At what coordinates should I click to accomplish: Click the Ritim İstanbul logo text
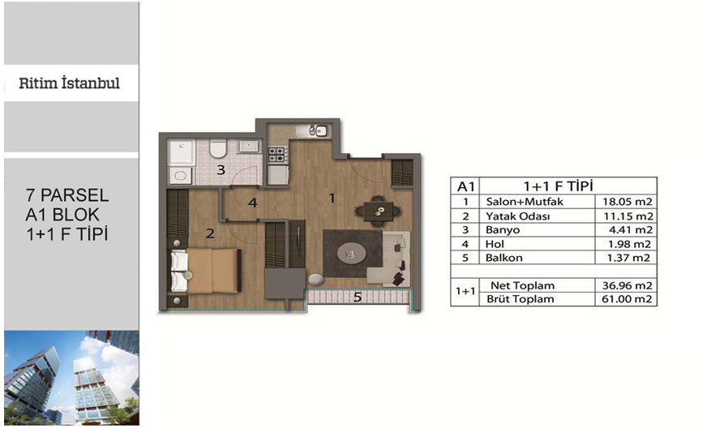point(70,83)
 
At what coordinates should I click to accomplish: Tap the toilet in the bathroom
point(217,148)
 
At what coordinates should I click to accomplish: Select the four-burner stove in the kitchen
point(277,155)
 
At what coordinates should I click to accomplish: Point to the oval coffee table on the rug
point(351,254)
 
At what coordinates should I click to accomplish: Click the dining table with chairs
point(378,211)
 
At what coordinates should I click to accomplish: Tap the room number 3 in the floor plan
point(221,170)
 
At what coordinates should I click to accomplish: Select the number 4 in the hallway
point(253,203)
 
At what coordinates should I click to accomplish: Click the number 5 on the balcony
point(358,297)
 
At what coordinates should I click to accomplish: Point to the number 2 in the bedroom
point(210,233)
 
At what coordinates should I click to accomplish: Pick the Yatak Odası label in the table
point(518,216)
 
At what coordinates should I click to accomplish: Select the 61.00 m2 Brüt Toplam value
point(627,299)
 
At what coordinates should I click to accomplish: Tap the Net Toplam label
point(522,285)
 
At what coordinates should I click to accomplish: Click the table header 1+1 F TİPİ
point(559,186)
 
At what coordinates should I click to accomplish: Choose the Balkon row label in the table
point(503,258)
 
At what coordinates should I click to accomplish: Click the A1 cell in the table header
point(465,186)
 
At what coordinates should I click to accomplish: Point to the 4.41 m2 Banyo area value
point(631,230)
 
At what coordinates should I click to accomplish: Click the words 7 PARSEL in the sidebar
point(67,195)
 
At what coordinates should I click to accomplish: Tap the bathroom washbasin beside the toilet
point(249,146)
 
